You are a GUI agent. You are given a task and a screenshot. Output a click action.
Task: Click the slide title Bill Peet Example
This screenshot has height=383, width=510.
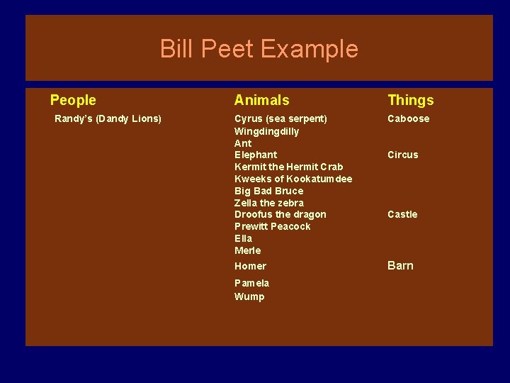tap(259, 49)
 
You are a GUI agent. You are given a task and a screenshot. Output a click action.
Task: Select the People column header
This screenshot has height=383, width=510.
tap(73, 101)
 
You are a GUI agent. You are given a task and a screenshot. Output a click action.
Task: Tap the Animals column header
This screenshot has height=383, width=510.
tap(261, 101)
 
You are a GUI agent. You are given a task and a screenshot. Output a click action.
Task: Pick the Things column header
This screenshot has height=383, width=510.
tap(410, 101)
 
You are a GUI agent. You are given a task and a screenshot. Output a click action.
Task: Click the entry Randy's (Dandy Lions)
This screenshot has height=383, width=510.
tap(108, 118)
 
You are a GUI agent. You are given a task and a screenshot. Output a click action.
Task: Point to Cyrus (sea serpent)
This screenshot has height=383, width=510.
tap(280, 118)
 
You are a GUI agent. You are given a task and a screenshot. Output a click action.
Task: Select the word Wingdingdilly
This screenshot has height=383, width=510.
tap(266, 131)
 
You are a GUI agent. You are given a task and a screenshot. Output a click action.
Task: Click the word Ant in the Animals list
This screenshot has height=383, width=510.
tap(243, 143)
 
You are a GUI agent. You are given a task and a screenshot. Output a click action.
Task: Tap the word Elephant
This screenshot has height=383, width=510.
tap(256, 155)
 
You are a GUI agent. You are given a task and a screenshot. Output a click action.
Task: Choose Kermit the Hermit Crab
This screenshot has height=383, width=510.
tap(288, 167)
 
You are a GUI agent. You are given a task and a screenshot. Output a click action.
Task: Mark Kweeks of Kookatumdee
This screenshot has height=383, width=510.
tap(293, 179)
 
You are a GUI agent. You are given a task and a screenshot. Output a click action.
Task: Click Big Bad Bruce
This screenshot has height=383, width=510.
tap(268, 191)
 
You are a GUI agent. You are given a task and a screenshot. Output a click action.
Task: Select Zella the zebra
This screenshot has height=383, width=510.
tap(268, 203)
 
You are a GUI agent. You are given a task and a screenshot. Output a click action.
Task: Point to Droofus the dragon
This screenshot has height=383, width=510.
tap(280, 214)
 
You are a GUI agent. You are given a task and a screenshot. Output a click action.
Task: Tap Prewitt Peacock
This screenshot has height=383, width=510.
tap(272, 226)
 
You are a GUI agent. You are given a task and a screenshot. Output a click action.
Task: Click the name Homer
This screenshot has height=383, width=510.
tap(250, 266)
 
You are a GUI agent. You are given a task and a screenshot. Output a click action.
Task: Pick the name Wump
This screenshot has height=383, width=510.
tap(249, 296)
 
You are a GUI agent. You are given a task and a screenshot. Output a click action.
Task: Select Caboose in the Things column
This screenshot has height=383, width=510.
tap(408, 118)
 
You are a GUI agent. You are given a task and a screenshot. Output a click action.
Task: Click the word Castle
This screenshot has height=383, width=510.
tap(402, 214)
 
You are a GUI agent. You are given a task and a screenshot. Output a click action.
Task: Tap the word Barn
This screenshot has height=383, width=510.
tap(400, 265)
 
